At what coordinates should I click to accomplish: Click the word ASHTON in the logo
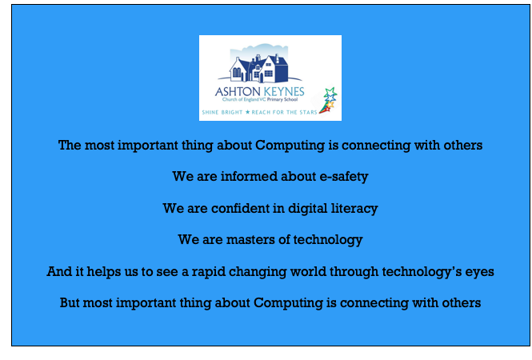pyautogui.click(x=238, y=92)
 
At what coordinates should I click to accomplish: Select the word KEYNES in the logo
pyautogui.click(x=284, y=92)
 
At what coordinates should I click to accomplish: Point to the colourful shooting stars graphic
pyautogui.click(x=328, y=100)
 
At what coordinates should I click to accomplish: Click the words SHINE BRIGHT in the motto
pyautogui.click(x=222, y=112)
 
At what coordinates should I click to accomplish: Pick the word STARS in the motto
pyautogui.click(x=308, y=112)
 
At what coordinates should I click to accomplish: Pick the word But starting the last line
pyautogui.click(x=70, y=302)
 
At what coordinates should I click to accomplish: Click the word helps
pyautogui.click(x=103, y=272)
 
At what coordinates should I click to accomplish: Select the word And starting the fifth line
pyautogui.click(x=58, y=271)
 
